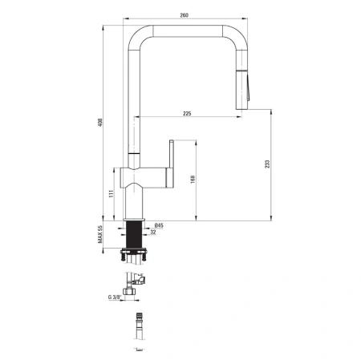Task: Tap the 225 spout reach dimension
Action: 187,114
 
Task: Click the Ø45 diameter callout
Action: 159,226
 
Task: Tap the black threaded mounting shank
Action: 135,236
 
